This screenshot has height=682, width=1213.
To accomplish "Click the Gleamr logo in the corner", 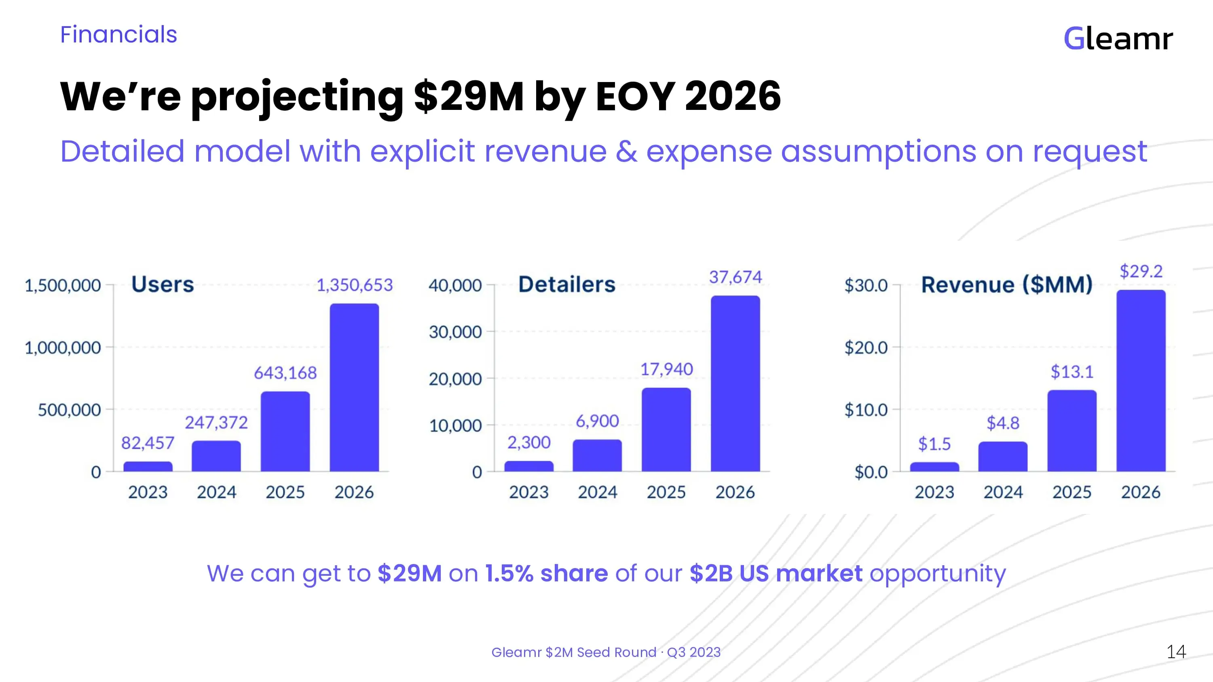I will tap(1118, 39).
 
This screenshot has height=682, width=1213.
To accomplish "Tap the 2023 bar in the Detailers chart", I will tap(529, 466).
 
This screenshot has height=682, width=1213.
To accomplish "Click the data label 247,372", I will tap(216, 423).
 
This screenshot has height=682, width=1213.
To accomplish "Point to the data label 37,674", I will tap(735, 277).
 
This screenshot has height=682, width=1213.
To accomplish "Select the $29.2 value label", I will tap(1141, 271).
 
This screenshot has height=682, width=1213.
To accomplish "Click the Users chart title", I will tap(163, 284).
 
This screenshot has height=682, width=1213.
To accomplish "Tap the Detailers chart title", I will tap(566, 284).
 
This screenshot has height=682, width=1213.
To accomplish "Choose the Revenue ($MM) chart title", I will tap(1007, 284).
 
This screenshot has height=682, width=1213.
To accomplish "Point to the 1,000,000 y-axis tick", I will tap(63, 348).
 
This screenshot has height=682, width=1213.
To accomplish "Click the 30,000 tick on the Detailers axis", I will tap(455, 332).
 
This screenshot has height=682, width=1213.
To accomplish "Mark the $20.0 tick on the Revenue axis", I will tap(866, 348).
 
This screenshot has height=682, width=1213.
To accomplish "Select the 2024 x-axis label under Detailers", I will tap(598, 493).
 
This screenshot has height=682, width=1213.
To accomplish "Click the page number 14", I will tap(1176, 652).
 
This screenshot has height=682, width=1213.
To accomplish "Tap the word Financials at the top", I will tap(118, 35).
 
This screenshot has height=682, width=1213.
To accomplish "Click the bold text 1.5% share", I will tap(546, 573).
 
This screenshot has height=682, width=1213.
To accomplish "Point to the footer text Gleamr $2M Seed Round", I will tap(573, 653).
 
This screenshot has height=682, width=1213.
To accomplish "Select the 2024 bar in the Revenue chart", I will tap(1003, 456).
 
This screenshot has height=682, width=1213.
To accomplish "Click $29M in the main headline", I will tap(469, 96).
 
